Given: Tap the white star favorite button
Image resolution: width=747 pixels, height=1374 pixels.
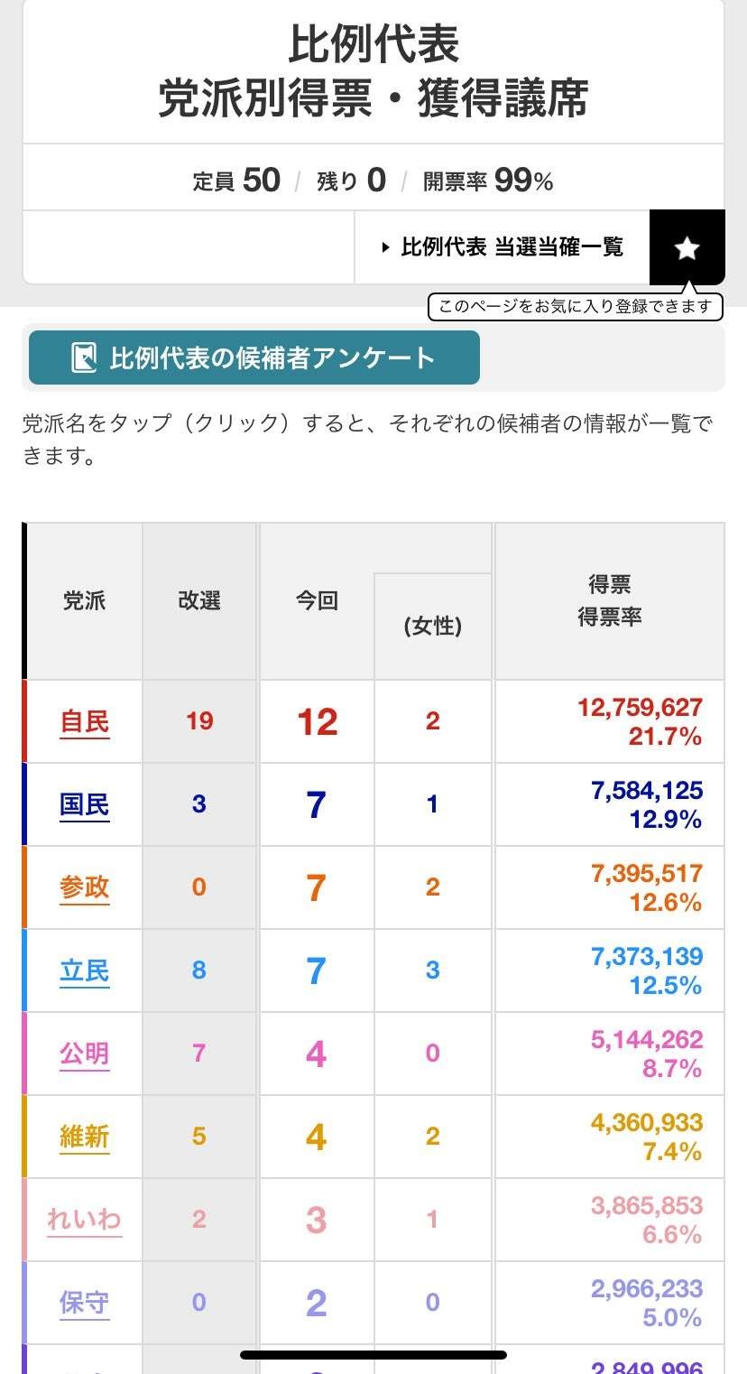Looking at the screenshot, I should (687, 248).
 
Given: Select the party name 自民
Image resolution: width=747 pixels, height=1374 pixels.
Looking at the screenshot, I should (85, 722).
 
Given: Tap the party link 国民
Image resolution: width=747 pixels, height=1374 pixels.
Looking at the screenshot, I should (85, 805).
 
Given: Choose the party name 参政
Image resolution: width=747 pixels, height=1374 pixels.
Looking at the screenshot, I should (85, 888).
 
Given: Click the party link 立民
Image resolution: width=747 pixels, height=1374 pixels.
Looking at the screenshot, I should (85, 971).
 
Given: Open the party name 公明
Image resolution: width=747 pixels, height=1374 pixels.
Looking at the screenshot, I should (85, 1054).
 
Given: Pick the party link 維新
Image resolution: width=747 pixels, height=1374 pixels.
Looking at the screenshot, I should (85, 1137).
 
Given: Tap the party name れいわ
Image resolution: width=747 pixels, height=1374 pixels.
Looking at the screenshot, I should (85, 1221).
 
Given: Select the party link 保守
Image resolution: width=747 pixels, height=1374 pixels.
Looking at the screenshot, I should (85, 1304).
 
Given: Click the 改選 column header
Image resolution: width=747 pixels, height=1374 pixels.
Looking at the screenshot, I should (199, 601).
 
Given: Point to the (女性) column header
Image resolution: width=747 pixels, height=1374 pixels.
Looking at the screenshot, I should (433, 626).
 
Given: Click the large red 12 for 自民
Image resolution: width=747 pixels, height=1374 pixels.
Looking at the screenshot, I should (317, 722).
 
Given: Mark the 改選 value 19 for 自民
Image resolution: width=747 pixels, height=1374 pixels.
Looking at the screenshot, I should (199, 721).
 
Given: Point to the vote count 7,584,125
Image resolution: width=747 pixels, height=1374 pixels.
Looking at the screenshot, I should (646, 791).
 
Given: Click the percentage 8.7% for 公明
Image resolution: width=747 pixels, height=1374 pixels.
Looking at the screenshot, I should (672, 1069).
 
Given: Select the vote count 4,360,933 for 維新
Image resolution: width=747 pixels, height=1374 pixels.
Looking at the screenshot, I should (646, 1123).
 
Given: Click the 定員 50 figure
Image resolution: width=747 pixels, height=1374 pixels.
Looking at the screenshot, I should (262, 181).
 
